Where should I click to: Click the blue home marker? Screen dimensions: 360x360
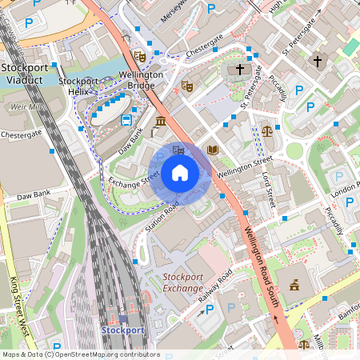[180, 173]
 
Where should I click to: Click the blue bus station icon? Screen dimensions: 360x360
[126, 120]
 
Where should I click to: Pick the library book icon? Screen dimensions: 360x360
[212, 150]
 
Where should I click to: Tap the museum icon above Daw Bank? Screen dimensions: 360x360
[161, 122]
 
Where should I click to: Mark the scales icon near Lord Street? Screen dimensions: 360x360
[266, 128]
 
